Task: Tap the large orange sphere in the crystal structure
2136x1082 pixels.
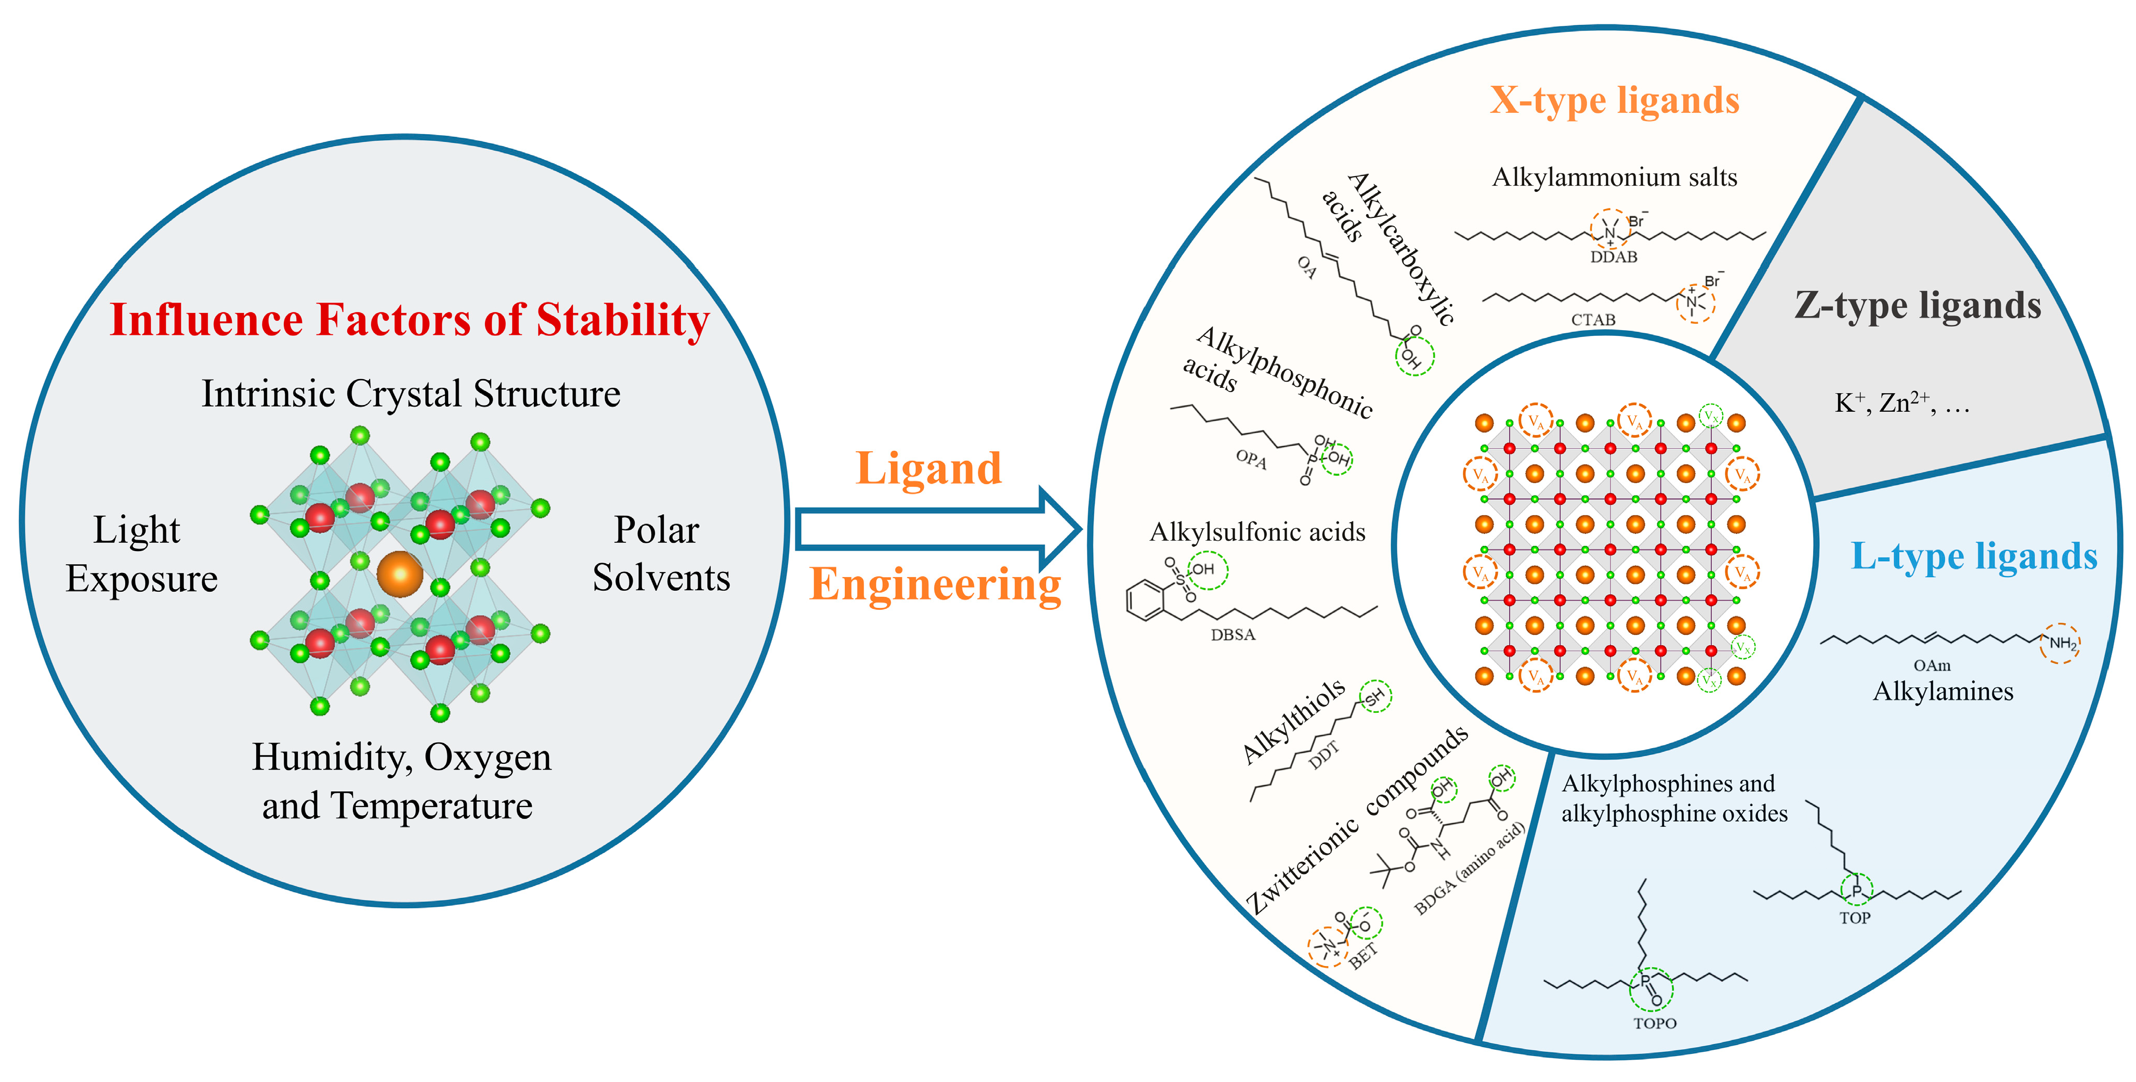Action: [x=400, y=573]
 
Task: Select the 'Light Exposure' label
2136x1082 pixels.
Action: [x=141, y=554]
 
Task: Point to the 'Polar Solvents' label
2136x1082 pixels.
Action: [x=661, y=554]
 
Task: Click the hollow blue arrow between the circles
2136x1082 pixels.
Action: [x=937, y=528]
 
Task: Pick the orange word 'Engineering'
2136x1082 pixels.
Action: [x=935, y=584]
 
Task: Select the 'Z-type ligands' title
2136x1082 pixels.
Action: [x=1917, y=306]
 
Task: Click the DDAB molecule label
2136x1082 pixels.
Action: [x=1613, y=257]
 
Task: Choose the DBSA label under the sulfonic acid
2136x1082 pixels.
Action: [x=1233, y=635]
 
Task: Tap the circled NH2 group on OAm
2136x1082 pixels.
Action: [x=2061, y=643]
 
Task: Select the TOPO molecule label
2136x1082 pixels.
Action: [x=1654, y=1023]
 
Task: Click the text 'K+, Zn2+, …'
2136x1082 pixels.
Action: [x=1901, y=404]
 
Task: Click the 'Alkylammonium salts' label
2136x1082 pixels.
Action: [x=1614, y=177]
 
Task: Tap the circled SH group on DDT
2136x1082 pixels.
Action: [x=1375, y=696]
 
